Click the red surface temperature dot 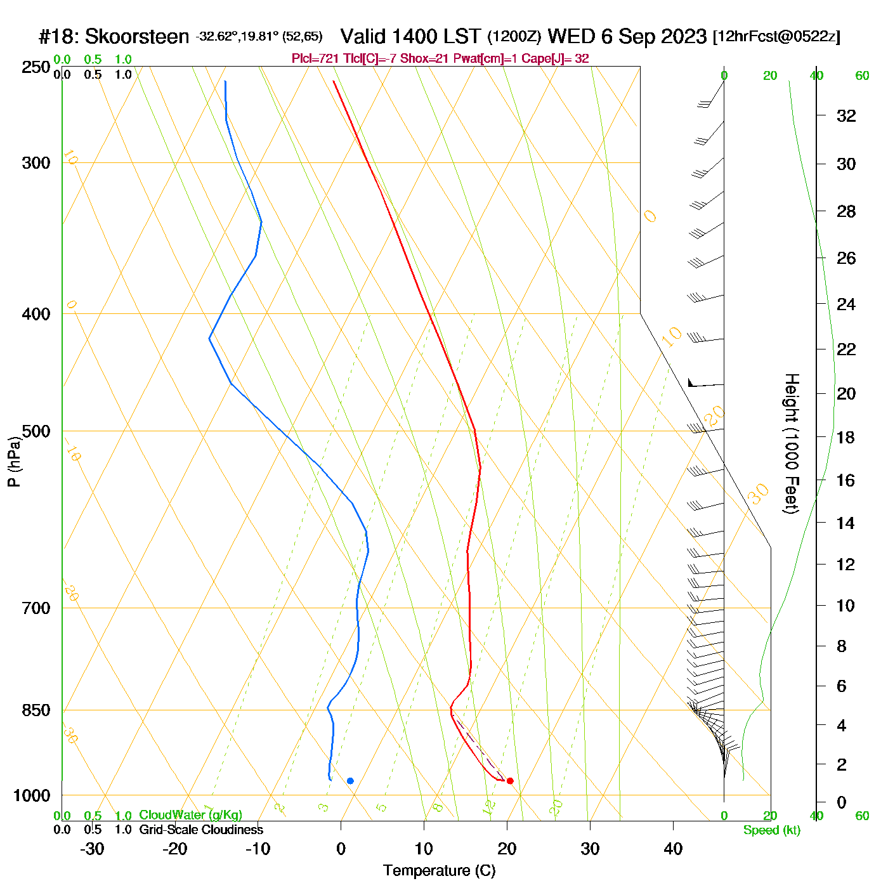coord(510,781)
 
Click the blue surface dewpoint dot coord(350,781)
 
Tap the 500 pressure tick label coord(36,431)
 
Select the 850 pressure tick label coord(36,710)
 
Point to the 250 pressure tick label coord(36,67)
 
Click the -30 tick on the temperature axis coord(92,849)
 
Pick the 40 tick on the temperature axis coord(673,849)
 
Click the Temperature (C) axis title coord(439,871)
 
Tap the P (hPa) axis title coord(14,461)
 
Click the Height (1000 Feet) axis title coord(791,443)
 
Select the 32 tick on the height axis coord(846,116)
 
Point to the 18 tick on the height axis coord(846,437)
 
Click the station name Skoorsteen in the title coord(136,37)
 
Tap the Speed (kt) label coord(771,830)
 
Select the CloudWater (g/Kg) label coord(190,815)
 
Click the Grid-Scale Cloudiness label coord(201,830)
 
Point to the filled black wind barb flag coord(692,383)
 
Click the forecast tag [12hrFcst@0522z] coord(776,37)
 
